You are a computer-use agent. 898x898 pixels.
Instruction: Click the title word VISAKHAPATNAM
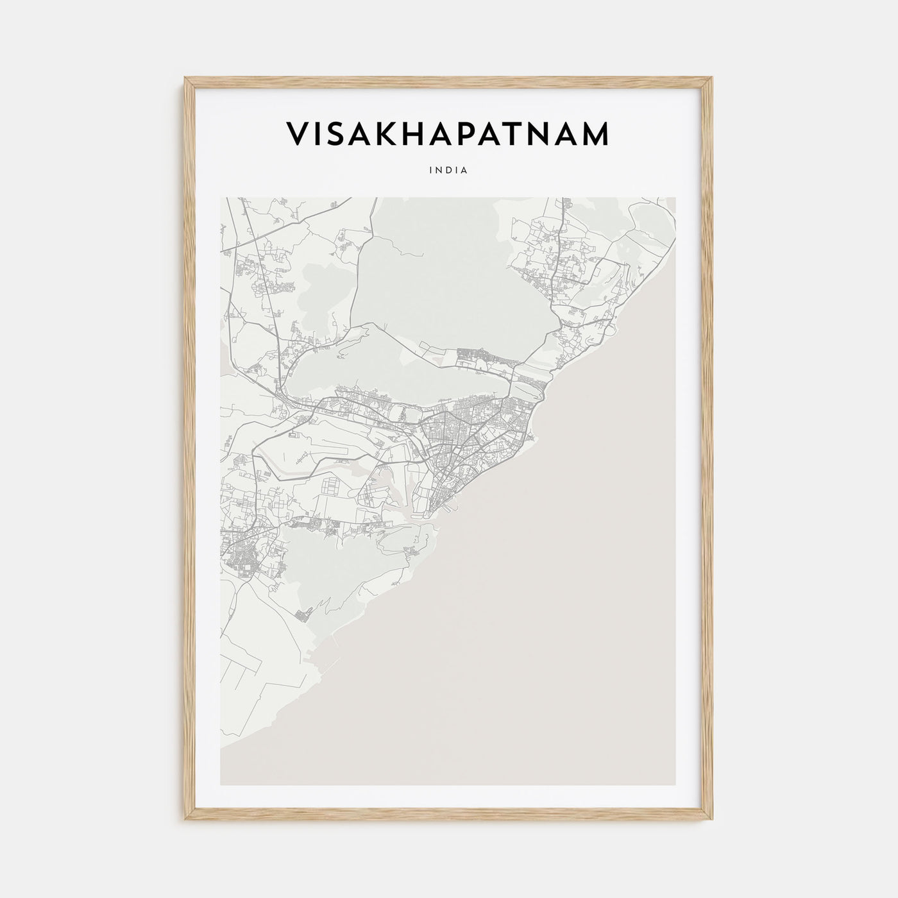(x=447, y=135)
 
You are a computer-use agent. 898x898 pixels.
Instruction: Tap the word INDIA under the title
(x=449, y=171)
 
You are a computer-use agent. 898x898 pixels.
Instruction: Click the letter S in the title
(x=337, y=135)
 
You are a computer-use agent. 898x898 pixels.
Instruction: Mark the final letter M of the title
(x=594, y=135)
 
